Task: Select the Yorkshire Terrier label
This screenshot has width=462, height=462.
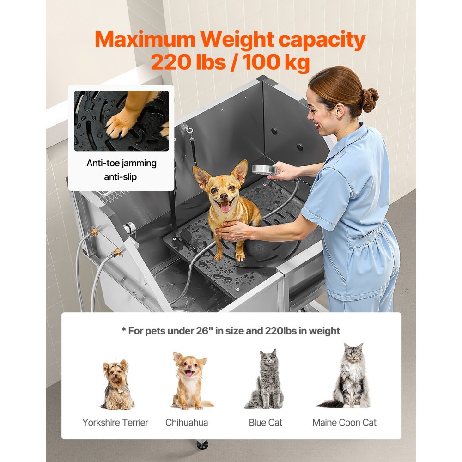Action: [115, 422]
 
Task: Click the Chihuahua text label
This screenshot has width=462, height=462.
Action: [187, 422]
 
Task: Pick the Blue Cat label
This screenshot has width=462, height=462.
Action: [266, 422]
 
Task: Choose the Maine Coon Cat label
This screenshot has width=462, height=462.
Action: [344, 422]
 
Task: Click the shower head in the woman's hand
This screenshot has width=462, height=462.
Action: [265, 170]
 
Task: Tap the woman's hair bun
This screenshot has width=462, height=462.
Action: [369, 97]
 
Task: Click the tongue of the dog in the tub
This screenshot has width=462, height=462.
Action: [225, 207]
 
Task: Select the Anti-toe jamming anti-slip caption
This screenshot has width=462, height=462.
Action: [122, 170]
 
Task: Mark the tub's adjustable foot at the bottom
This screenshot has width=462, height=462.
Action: [202, 445]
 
